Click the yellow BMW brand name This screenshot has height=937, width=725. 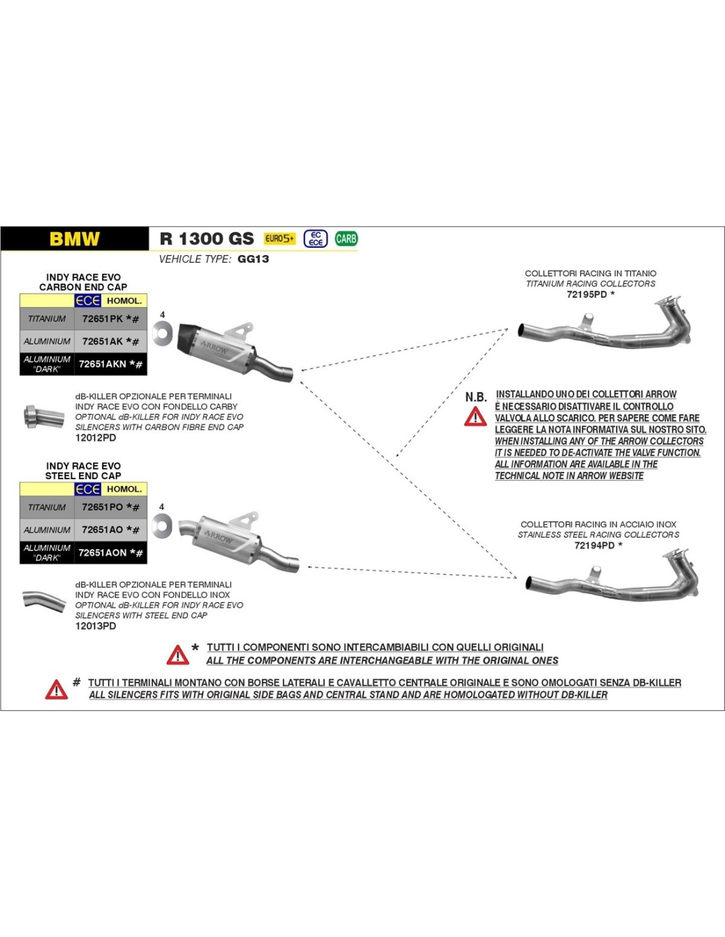pyautogui.click(x=74, y=239)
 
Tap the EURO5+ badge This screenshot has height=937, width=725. pyautogui.click(x=280, y=239)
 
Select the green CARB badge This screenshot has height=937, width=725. pyautogui.click(x=346, y=239)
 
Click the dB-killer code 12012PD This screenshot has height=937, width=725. pyautogui.click(x=96, y=438)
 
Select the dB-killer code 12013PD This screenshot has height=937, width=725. pyautogui.click(x=96, y=626)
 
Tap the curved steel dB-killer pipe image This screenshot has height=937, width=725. pyautogui.click(x=43, y=600)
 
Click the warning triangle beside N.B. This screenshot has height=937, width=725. pyautogui.click(x=475, y=416)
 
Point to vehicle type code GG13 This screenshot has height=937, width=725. pyautogui.click(x=253, y=259)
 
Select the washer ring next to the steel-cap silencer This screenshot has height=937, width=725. pyautogui.click(x=161, y=525)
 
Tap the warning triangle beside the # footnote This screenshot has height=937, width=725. pyautogui.click(x=57, y=689)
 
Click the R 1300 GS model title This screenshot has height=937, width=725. pyautogui.click(x=206, y=239)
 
